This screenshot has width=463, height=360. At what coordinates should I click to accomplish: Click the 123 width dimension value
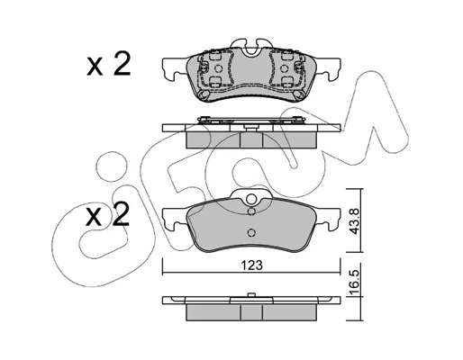252,265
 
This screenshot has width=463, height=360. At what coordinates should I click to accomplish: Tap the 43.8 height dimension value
355,221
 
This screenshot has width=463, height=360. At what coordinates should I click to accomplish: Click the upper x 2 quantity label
109,64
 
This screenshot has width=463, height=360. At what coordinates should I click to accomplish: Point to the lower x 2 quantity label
108,215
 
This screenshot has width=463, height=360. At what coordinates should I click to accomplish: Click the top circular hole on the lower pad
251,199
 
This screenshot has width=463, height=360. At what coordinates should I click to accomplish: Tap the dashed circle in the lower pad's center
251,232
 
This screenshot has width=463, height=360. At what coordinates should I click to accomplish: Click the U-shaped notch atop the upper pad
251,50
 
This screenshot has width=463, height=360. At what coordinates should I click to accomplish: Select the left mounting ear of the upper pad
174,68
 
